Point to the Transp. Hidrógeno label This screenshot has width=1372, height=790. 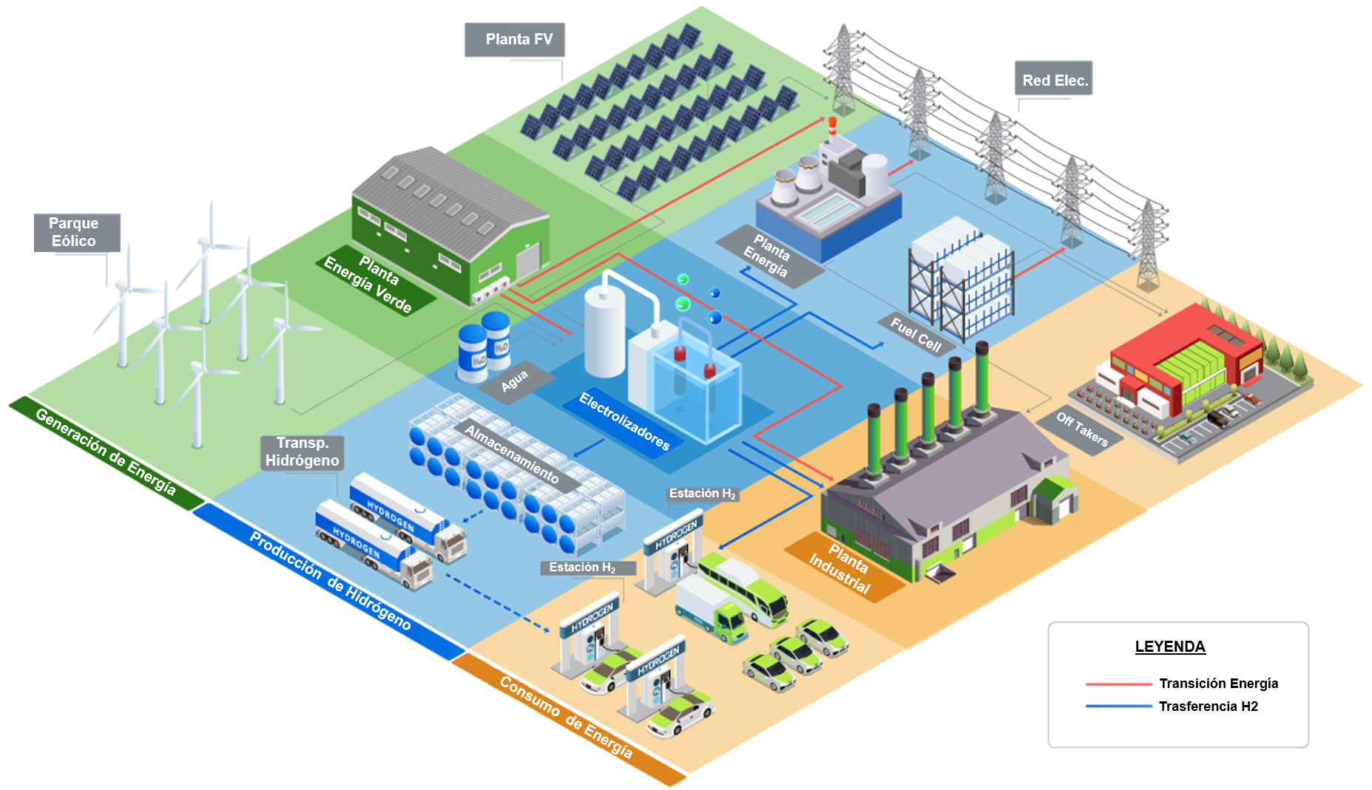tap(302, 452)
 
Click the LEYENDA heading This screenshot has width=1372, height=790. tap(1170, 647)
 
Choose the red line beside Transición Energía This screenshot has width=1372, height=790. tap(1118, 684)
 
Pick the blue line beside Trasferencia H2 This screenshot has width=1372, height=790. tap(1118, 706)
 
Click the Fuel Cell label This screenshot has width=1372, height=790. tap(916, 335)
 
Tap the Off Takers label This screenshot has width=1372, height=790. tap(1081, 429)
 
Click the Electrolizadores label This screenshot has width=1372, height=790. tap(624, 422)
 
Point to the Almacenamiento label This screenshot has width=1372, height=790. tap(513, 454)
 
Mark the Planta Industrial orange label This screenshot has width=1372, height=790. tap(841, 568)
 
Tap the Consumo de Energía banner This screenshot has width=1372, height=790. tap(567, 718)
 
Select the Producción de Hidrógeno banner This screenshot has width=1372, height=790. tap(329, 581)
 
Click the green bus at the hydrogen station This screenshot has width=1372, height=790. tap(743, 588)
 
